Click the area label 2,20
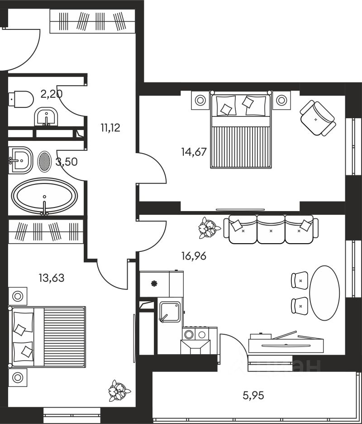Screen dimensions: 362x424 (51, 95)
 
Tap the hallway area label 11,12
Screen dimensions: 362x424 (110, 128)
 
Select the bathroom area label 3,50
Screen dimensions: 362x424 (66, 162)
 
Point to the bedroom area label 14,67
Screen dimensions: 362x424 (194, 152)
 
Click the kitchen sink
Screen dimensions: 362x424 (170, 311)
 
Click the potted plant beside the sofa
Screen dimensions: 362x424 (210, 227)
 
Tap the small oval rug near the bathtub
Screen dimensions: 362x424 (44, 161)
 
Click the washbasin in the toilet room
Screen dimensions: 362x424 (46, 117)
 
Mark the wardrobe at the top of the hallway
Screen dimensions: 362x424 (93, 21)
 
